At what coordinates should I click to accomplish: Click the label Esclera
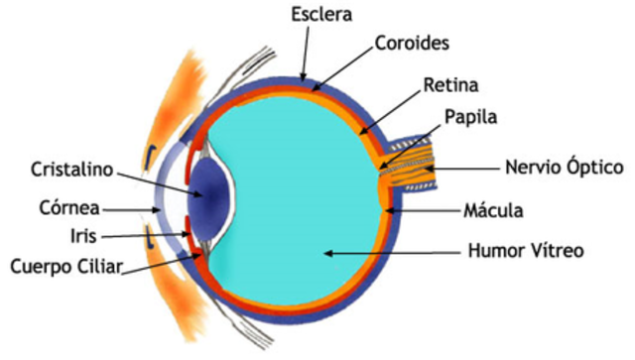pyautogui.click(x=321, y=15)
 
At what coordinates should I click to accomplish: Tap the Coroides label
pyautogui.click(x=413, y=45)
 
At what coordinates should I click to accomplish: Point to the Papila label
pyautogui.click(x=469, y=117)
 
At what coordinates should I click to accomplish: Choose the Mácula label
pyautogui.click(x=501, y=210)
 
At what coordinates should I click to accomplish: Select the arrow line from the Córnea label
pyautogui.click(x=130, y=209)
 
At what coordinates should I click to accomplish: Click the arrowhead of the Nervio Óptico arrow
pyautogui.click(x=428, y=170)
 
